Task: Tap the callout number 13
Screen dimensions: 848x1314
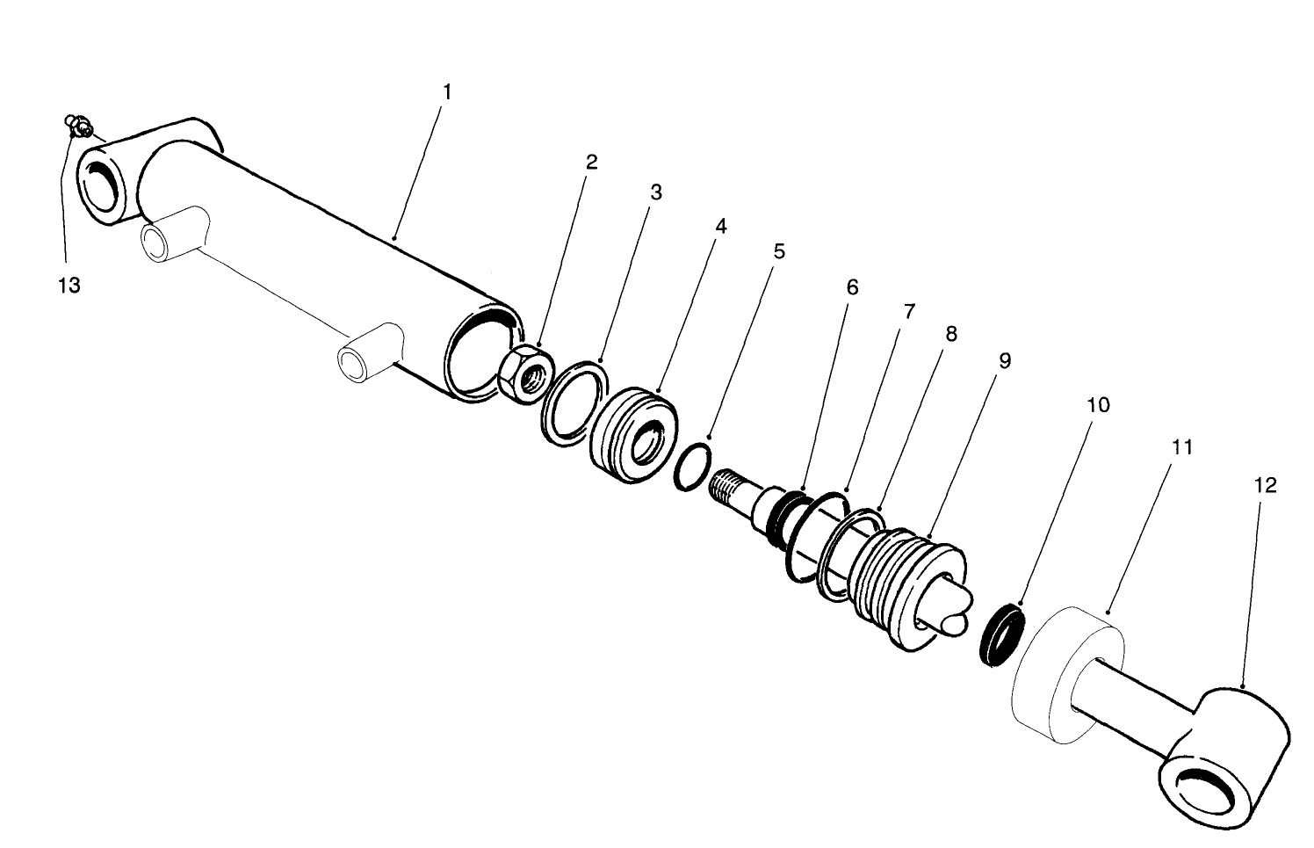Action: [x=69, y=286]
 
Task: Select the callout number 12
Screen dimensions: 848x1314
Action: [x=1265, y=485]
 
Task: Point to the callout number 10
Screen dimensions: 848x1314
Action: [x=1098, y=405]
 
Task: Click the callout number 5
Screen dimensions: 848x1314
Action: [x=778, y=252]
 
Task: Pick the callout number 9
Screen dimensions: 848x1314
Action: [x=1005, y=361]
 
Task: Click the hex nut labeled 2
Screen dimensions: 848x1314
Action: [x=525, y=374]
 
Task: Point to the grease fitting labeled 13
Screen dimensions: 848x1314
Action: [x=80, y=127]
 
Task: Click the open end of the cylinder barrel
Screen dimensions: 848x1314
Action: [x=480, y=351]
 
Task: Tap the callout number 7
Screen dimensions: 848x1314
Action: [x=909, y=311]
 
